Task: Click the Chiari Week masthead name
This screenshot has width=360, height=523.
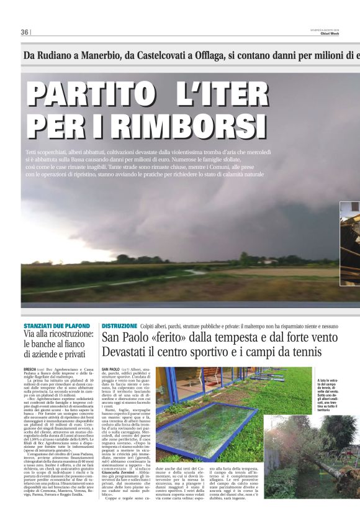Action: point(346,34)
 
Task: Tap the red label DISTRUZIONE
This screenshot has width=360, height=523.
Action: point(119,326)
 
